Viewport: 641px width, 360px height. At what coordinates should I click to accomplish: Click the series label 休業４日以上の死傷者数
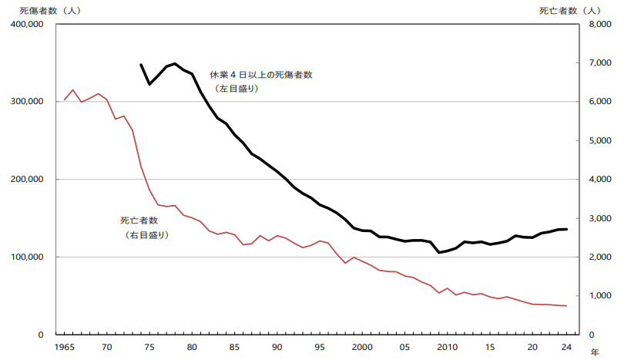(x=261, y=76)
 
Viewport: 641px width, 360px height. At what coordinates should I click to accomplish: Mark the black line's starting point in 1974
(x=141, y=65)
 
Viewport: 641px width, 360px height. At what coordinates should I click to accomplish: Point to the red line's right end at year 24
(x=566, y=306)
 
